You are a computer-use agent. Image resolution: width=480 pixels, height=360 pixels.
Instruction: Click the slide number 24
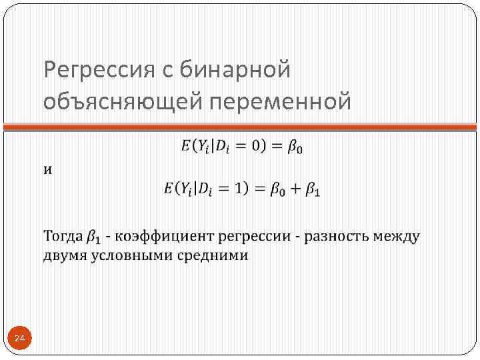click(x=19, y=340)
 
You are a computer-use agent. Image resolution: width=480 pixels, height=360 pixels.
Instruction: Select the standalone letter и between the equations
click(x=48, y=169)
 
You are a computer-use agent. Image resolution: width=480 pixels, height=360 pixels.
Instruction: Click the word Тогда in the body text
click(x=63, y=237)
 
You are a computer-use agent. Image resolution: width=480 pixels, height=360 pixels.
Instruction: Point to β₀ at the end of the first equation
click(x=295, y=147)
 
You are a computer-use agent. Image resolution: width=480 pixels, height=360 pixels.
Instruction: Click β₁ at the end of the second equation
click(x=313, y=190)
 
